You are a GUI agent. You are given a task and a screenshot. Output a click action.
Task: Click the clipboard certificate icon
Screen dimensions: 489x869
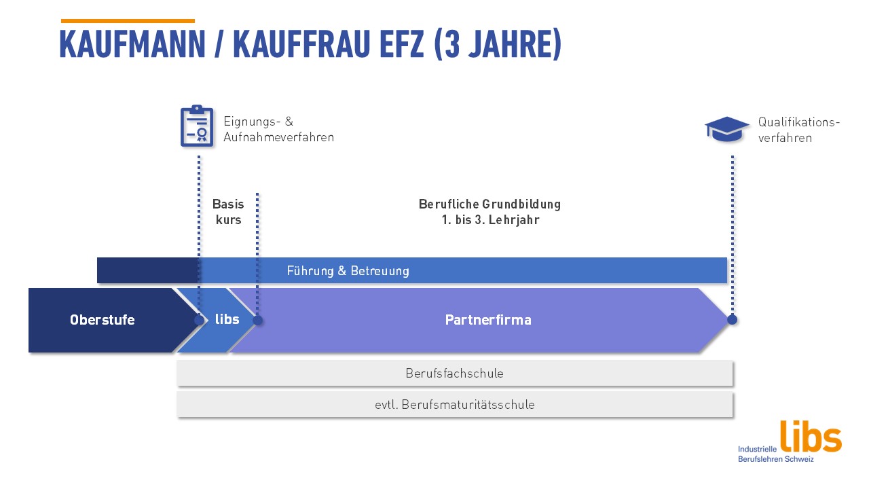coord(197,126)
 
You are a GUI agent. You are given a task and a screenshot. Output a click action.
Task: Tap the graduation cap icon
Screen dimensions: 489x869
coord(727,129)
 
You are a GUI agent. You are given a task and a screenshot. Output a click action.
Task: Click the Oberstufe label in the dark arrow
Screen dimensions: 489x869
coord(103,320)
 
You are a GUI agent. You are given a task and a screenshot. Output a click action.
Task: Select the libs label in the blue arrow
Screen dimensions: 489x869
coord(227,319)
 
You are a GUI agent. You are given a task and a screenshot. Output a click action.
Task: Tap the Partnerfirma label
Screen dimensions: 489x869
coord(488,320)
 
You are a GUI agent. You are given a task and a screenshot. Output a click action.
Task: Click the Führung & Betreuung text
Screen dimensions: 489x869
coord(348,271)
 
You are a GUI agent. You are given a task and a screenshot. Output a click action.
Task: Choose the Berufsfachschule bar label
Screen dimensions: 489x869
coord(455,374)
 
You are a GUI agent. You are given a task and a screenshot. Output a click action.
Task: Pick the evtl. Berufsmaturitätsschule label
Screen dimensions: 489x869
coord(455,405)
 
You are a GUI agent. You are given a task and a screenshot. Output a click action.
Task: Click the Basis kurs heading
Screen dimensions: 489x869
coord(228,212)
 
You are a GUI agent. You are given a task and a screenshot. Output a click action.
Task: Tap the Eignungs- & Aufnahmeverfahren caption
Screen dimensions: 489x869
coord(279,129)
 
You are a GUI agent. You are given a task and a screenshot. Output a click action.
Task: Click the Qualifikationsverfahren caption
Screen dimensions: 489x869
coord(799,130)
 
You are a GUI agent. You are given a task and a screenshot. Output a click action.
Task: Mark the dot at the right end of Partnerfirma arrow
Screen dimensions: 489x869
coord(732,320)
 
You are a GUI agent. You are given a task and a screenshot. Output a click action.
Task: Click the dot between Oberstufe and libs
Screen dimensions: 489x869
coord(199,320)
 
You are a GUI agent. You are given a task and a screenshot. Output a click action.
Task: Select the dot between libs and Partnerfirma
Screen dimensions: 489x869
coord(257,320)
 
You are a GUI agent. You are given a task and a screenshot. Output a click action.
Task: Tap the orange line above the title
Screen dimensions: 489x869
coord(128,21)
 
